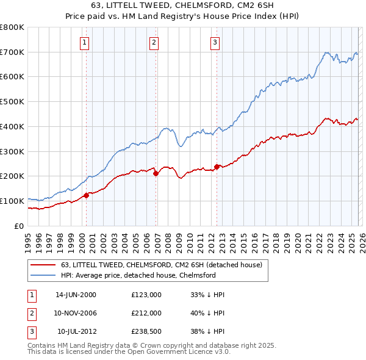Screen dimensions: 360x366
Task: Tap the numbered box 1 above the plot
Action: point(84,42)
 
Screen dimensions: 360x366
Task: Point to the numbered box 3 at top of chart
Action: point(215,42)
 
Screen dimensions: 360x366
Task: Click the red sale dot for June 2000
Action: point(86,195)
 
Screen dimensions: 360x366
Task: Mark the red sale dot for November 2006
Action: point(156,173)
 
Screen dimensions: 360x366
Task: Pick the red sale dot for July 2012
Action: point(217,167)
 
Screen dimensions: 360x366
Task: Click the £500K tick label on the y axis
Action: point(12,102)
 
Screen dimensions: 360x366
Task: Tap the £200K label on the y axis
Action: point(12,176)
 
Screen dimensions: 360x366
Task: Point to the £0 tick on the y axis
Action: point(19,226)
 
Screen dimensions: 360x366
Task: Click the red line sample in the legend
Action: point(43,265)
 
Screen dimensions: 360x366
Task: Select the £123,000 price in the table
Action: point(146,295)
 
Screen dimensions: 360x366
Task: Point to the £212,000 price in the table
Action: point(146,313)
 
